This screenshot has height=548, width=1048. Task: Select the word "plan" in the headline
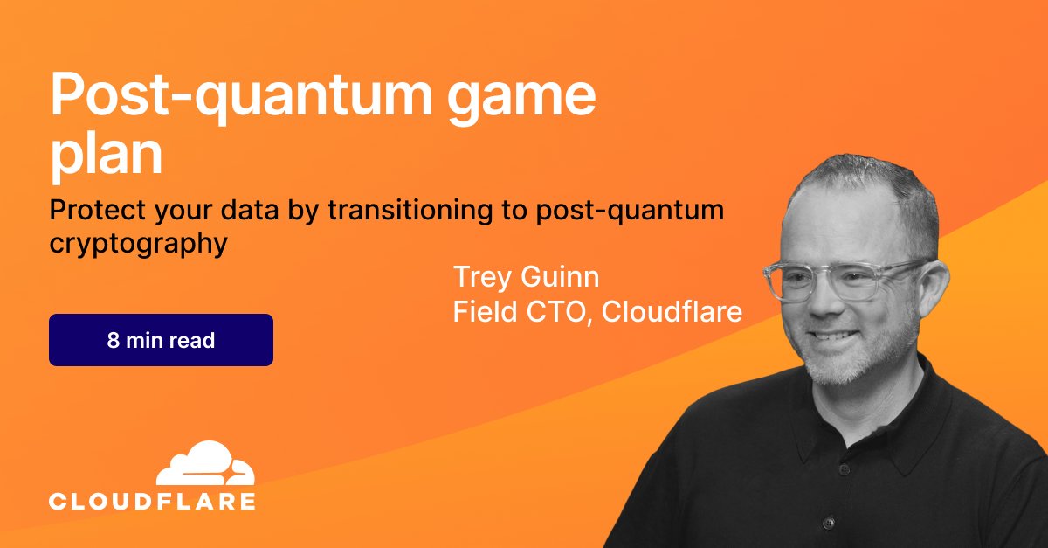(x=107, y=156)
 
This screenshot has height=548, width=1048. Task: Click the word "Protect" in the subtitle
(x=91, y=212)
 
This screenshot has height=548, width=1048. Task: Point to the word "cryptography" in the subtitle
(x=138, y=245)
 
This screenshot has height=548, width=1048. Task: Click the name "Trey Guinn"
(x=526, y=278)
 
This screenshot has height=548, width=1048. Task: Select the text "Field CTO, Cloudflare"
(x=596, y=312)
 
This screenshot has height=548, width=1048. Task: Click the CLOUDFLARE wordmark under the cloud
(x=153, y=502)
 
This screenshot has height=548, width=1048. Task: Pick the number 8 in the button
(x=113, y=341)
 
